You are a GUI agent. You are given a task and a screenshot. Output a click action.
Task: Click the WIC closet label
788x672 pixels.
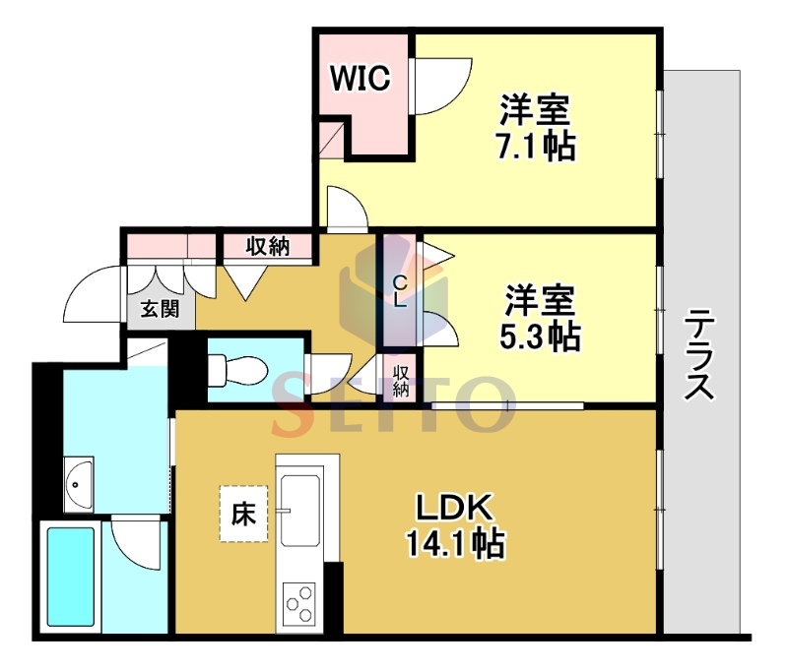(x=359, y=78)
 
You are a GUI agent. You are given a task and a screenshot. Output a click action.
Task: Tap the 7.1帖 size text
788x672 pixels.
(x=535, y=147)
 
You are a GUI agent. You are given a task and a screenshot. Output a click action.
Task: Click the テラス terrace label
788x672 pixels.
(x=699, y=354)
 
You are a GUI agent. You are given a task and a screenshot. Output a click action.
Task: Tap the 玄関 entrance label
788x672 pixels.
(x=159, y=310)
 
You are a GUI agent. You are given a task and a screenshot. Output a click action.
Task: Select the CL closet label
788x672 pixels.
(x=400, y=292)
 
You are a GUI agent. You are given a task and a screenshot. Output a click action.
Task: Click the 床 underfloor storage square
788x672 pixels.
(x=242, y=513)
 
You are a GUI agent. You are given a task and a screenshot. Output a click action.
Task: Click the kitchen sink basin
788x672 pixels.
(x=301, y=510)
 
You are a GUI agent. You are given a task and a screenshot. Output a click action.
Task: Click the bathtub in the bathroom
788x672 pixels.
(x=71, y=580)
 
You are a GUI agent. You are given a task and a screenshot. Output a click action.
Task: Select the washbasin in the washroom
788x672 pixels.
(x=78, y=483)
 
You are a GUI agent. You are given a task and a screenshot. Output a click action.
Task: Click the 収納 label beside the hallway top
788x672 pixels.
(x=267, y=246)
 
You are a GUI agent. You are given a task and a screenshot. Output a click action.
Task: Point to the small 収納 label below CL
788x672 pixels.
(x=402, y=380)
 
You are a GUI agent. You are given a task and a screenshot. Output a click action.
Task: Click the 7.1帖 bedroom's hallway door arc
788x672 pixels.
(x=347, y=211)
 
